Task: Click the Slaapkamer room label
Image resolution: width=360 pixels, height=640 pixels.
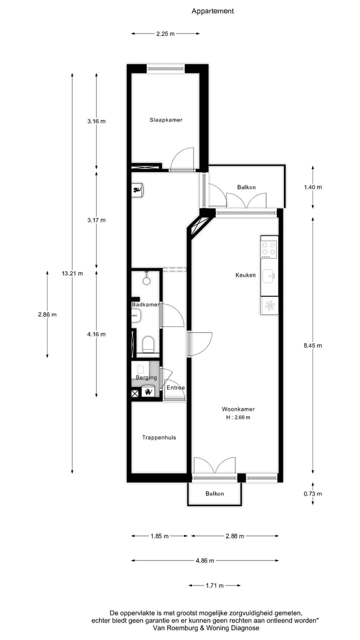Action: point(166,120)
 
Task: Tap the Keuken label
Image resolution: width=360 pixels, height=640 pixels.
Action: point(245,275)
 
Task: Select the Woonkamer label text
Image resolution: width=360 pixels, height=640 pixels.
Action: point(238,409)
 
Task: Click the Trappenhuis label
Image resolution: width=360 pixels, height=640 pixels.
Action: point(158,437)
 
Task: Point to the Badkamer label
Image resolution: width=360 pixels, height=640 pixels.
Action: point(145,304)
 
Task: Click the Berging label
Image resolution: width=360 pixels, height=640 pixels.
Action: point(146,377)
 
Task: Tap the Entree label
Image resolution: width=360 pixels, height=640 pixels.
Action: point(175,388)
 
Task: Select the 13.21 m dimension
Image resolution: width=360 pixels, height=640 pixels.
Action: point(72,273)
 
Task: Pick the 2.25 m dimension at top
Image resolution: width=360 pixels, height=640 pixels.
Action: point(165,33)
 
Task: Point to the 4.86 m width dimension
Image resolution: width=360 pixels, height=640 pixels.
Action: point(204,560)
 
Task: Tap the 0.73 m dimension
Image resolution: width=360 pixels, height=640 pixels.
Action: point(312,494)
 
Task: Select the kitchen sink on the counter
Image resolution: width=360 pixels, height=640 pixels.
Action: point(269,275)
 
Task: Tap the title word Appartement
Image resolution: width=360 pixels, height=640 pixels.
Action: point(212,11)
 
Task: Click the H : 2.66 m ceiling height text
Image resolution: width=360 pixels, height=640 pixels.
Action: point(238,417)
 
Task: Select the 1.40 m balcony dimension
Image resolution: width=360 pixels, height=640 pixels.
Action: point(312,187)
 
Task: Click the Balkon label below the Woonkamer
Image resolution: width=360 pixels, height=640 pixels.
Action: point(214,493)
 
